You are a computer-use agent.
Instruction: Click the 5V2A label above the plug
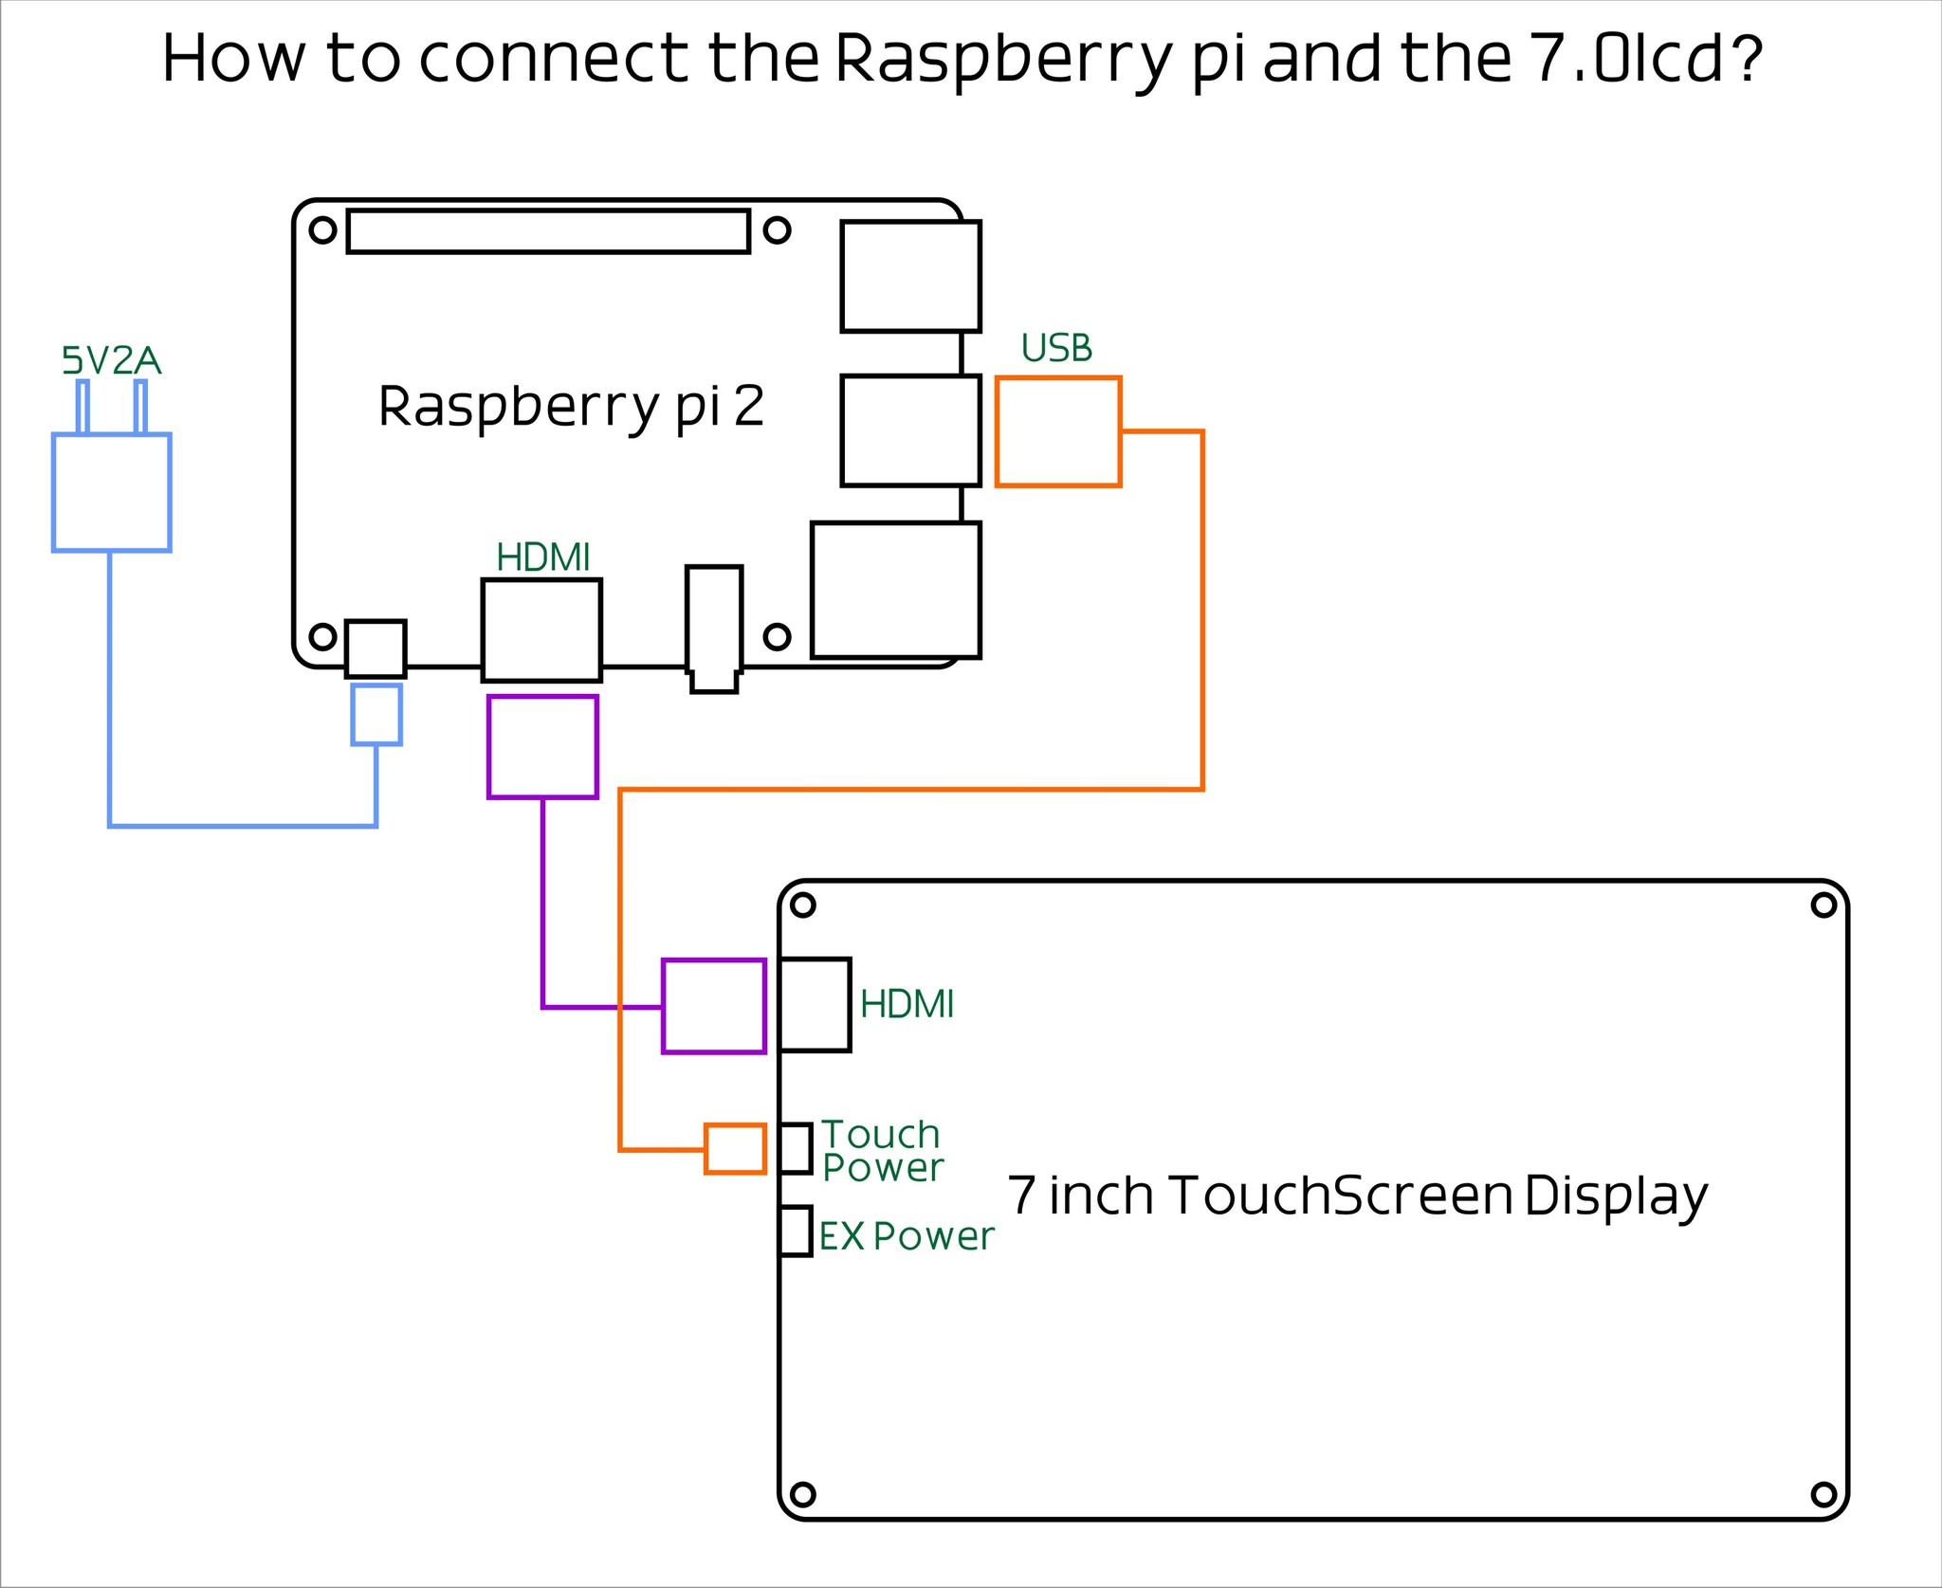coord(111,360)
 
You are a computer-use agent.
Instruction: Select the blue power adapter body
coord(111,492)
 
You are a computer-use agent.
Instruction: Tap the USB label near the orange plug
coord(1056,349)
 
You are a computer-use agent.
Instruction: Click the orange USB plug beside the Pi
coord(1058,431)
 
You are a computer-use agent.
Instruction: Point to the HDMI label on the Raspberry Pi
coord(543,557)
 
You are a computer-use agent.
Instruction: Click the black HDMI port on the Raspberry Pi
coord(541,630)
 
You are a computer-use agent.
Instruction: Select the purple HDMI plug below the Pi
coord(542,747)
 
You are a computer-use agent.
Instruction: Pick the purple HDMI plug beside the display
coord(714,1006)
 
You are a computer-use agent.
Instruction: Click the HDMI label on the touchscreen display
coord(907,1004)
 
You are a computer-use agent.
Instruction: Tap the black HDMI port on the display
coord(815,1005)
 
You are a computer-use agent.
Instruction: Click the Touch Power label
coord(882,1151)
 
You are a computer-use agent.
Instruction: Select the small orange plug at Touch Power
coord(735,1149)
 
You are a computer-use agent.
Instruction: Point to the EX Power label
coord(907,1236)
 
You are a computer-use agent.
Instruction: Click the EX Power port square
coord(796,1232)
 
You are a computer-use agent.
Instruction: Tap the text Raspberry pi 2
coord(571,407)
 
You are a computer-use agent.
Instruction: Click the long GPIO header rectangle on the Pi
coord(548,231)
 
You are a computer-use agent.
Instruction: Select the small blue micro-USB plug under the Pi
coord(376,715)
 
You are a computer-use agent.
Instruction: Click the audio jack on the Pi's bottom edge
coord(714,629)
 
